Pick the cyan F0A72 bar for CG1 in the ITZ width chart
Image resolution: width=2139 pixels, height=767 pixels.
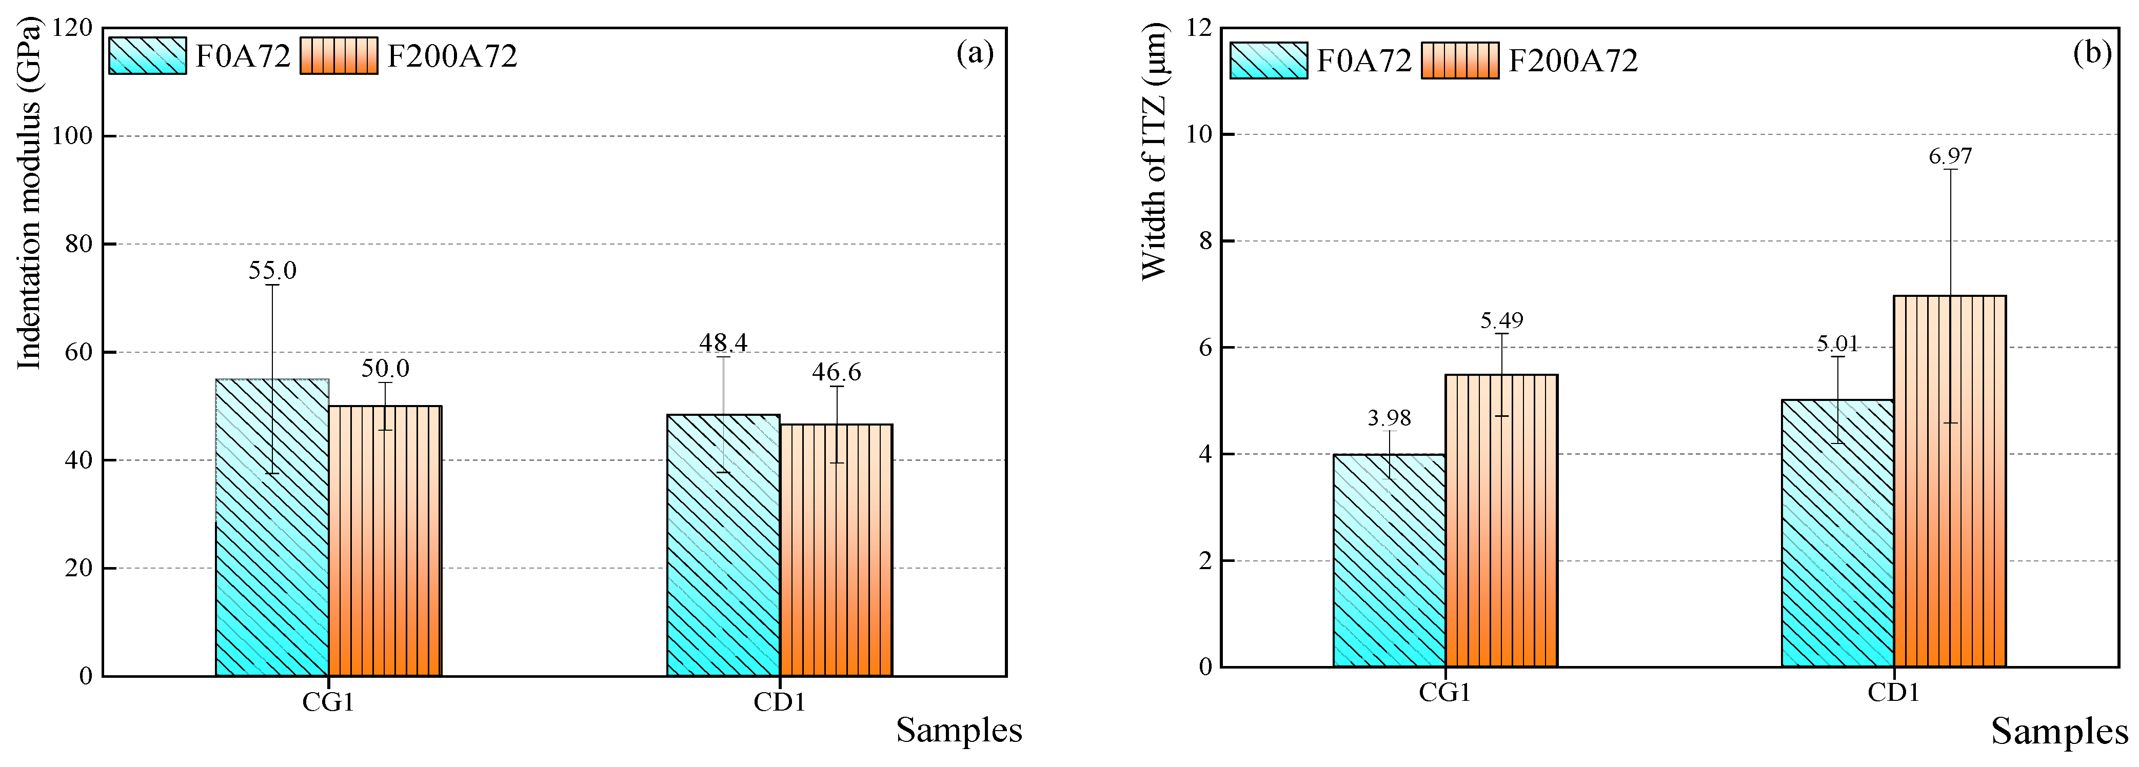1389,560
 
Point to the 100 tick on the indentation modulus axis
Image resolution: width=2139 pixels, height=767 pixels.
72,136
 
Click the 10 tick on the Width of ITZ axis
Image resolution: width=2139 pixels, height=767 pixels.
1200,134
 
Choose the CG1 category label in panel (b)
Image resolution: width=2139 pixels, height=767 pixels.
1445,692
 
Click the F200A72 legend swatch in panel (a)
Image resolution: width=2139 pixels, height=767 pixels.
339,55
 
